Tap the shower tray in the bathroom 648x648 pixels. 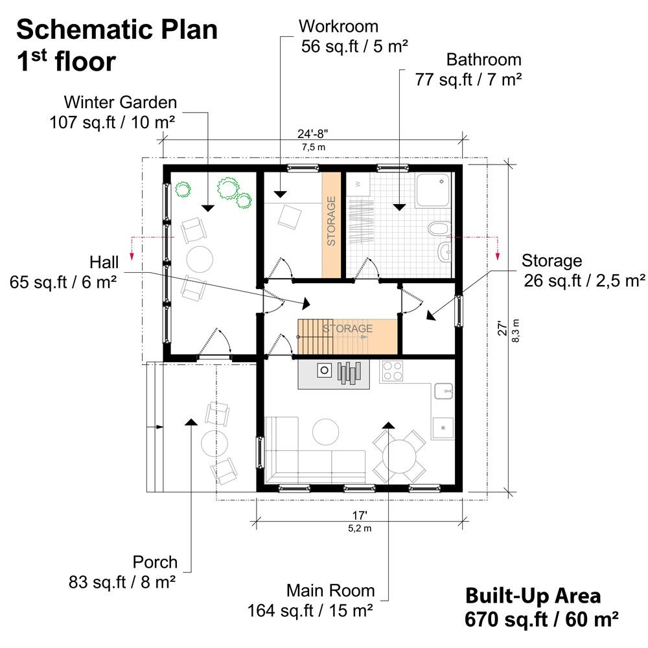[x=433, y=190]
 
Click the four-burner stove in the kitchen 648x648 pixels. [x=392, y=371]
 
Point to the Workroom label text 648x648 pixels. [x=338, y=27]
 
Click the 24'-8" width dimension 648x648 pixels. [x=313, y=134]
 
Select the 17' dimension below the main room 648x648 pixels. [x=360, y=515]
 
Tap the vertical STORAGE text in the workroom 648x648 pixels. [x=331, y=221]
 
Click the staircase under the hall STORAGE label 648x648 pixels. [x=315, y=336]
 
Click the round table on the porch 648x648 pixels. [x=214, y=443]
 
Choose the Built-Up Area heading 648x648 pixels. [x=533, y=596]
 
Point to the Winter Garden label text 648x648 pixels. [x=121, y=102]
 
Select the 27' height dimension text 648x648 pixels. [x=502, y=328]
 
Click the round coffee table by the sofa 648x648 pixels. [x=326, y=432]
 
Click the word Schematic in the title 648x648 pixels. [x=85, y=30]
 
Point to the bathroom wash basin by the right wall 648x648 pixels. [x=445, y=251]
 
